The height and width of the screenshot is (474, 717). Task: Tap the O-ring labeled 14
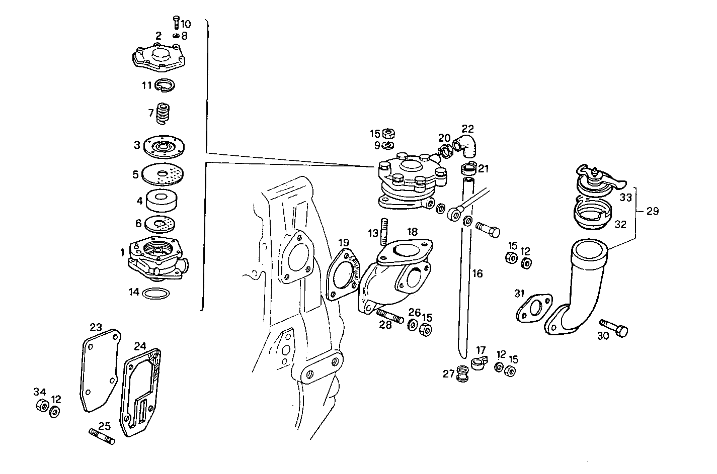coord(156,293)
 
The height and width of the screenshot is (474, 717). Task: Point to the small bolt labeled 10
coord(176,22)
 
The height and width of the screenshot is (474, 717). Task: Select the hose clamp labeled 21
coord(468,168)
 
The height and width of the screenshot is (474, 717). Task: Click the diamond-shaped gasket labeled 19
coord(344,277)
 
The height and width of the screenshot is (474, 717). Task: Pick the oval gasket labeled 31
coord(533,308)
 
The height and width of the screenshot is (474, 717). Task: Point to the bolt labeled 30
coord(614,327)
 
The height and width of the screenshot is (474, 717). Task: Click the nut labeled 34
coord(42,406)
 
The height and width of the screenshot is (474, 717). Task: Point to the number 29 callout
coord(652,211)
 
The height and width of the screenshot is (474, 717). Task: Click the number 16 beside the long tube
coord(477,273)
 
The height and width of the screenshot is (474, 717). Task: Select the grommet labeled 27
coord(462,374)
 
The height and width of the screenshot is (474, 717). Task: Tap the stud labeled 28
coord(390,317)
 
